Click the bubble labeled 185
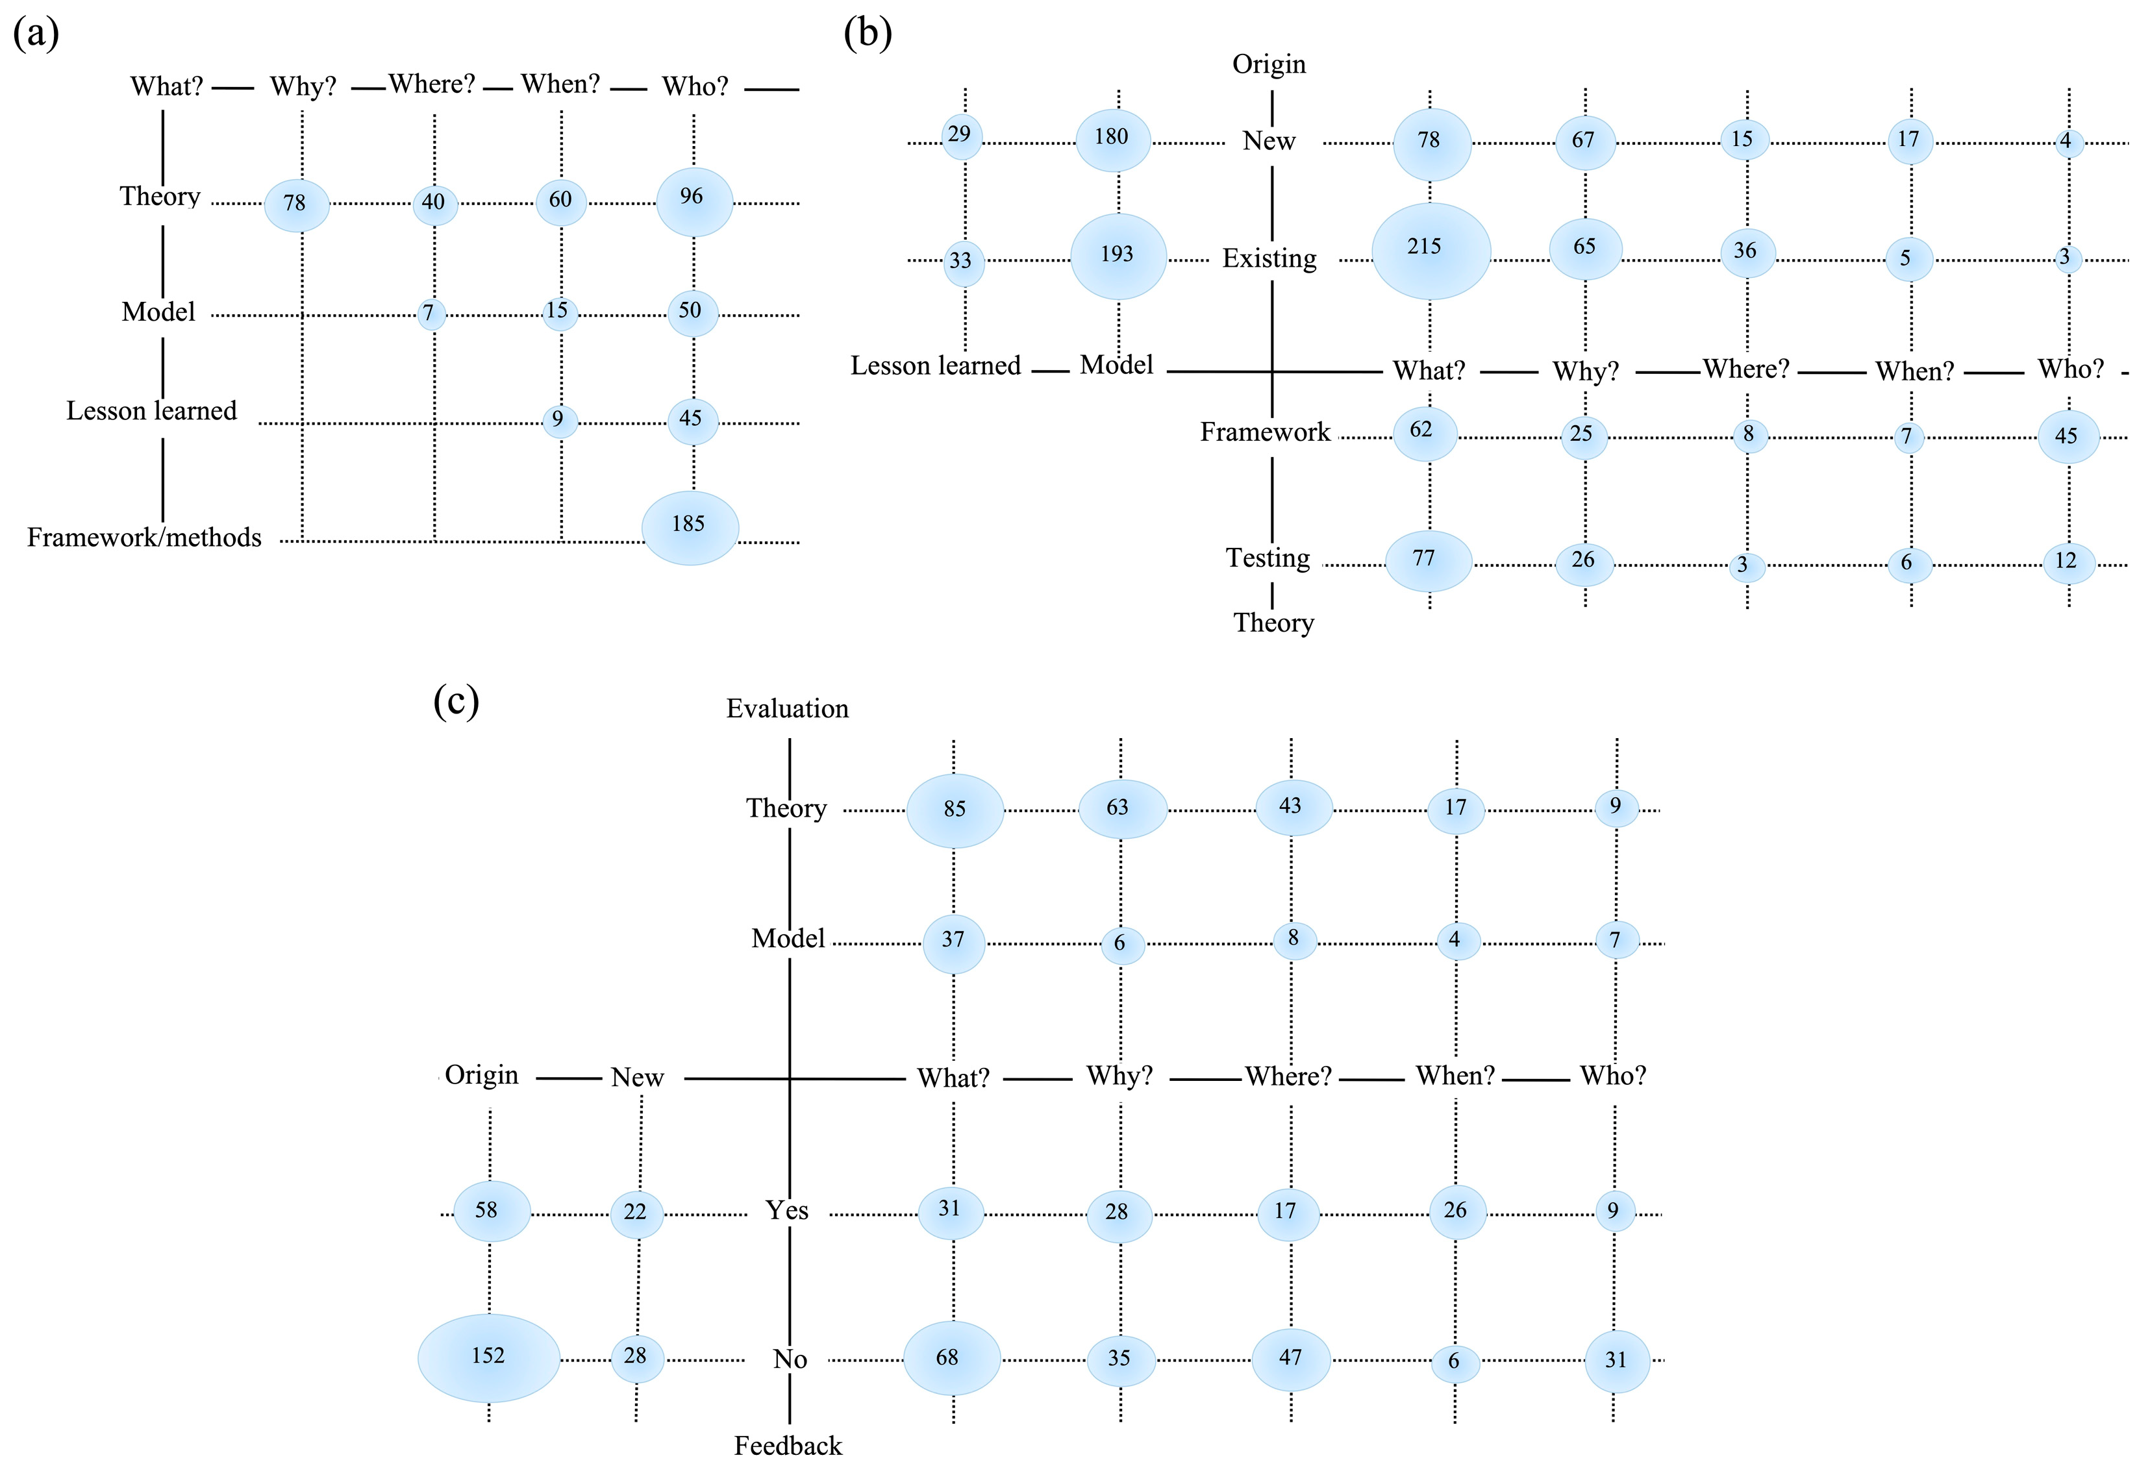point(690,527)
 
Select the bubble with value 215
point(1431,251)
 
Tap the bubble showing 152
point(488,1357)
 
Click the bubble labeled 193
point(1118,256)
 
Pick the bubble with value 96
point(694,201)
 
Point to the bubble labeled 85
point(955,810)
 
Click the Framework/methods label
point(144,538)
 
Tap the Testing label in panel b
point(1268,558)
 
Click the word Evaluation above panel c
point(787,708)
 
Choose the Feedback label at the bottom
point(788,1445)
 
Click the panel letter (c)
point(456,701)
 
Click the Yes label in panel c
point(786,1211)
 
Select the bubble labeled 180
point(1113,140)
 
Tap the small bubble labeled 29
point(961,136)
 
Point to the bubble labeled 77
point(1427,560)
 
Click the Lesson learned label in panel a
point(152,410)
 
